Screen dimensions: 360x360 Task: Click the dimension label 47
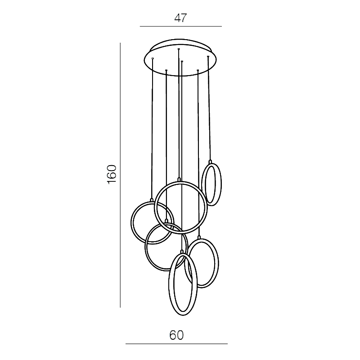pos(181,18)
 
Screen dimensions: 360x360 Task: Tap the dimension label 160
pos(112,174)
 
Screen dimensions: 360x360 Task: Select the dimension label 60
pos(176,335)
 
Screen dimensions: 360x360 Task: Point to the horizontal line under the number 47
pos(181,27)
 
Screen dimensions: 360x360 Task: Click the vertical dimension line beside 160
pos(120,175)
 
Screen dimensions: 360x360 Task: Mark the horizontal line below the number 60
pos(176,344)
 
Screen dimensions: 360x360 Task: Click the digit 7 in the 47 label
pos(184,18)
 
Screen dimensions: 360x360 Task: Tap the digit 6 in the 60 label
pos(173,335)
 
